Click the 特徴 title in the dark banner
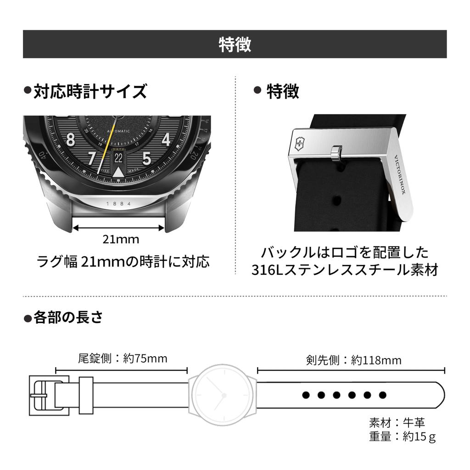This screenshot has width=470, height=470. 235,45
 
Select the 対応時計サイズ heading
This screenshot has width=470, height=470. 90,91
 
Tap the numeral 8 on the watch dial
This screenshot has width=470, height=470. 70,139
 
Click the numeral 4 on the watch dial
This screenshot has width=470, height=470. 166,139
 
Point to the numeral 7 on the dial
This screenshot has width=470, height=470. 92,158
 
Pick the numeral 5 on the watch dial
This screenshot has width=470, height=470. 146,158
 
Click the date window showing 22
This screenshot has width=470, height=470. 118,158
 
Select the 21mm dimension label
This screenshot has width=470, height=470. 121,239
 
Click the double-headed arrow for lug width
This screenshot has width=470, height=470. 119,227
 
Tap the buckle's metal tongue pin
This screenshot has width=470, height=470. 337,153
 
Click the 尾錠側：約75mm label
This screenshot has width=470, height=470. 123,358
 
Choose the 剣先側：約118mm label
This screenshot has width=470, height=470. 353,360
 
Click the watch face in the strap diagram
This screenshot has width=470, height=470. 223,394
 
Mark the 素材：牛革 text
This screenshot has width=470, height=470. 397,422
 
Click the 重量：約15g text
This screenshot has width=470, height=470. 402,436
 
